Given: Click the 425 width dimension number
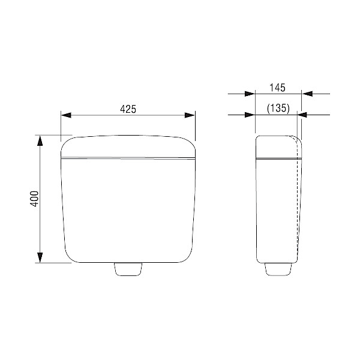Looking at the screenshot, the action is pos(128,109).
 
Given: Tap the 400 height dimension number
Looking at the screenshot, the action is pos(34,199).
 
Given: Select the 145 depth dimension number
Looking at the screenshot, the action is pos(277,88).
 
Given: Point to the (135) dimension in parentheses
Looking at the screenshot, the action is pos(278,108).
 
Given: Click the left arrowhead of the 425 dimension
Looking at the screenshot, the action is pos(67,115).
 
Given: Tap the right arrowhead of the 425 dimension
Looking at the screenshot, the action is pos(190,115).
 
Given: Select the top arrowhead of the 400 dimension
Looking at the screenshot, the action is pos(40,141).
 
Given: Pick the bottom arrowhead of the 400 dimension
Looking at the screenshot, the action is pos(40,257).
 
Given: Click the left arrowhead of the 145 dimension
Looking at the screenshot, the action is pos(250,94).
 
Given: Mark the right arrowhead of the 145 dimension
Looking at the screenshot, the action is pos(307,94).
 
